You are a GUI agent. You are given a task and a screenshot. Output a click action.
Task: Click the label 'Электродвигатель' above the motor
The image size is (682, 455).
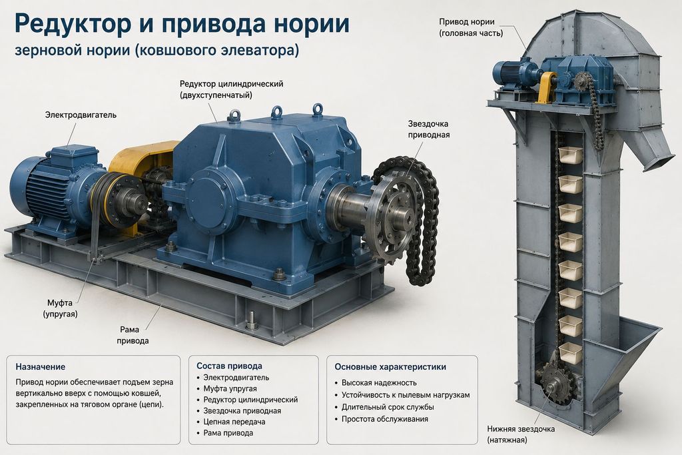(81, 115)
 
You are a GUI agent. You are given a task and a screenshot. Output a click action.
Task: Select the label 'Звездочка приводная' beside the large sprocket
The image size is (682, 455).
(428, 129)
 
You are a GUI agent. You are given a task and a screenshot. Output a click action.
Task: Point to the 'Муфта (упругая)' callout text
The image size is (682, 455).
(60, 308)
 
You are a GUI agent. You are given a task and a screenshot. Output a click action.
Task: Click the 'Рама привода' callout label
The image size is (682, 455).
(133, 335)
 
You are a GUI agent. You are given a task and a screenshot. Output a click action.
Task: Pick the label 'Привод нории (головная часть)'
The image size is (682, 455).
(471, 27)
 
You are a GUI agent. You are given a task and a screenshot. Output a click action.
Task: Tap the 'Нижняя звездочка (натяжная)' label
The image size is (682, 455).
(521, 434)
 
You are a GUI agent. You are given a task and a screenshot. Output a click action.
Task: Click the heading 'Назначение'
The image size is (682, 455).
(40, 366)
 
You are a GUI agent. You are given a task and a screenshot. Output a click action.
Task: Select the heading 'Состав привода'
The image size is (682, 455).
(229, 366)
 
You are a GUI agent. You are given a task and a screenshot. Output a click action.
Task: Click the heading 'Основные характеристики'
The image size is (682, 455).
(390, 366)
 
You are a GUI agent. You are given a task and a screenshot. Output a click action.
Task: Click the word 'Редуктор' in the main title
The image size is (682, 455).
(73, 23)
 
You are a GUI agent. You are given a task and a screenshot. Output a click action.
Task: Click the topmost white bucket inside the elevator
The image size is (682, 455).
(571, 155)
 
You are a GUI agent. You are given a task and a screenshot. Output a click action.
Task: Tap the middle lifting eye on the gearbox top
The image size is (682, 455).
(277, 112)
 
